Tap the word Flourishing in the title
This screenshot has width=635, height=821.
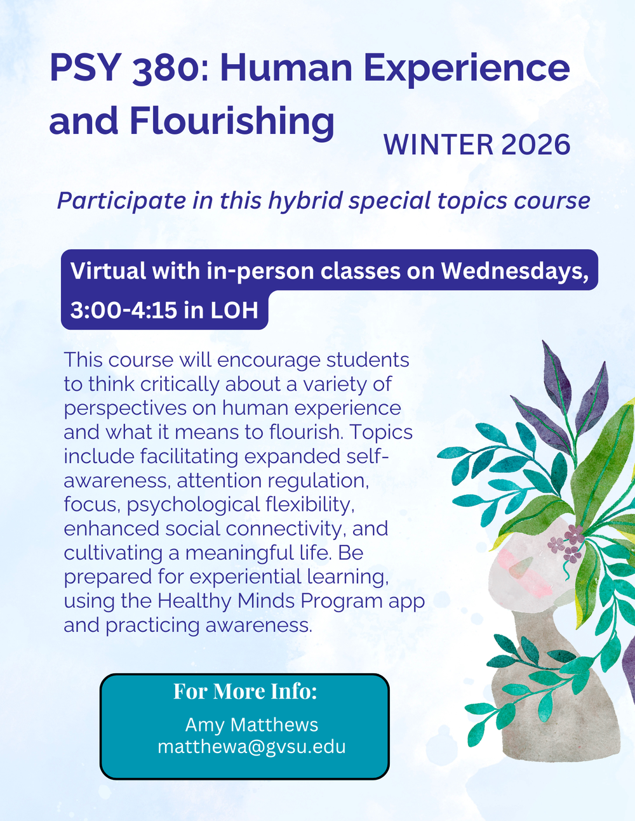[x=232, y=121]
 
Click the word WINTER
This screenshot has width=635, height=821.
[x=438, y=145]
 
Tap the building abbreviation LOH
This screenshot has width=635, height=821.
[x=234, y=310]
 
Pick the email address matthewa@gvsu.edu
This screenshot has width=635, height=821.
[x=251, y=746]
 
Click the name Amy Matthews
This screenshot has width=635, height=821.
[x=251, y=725]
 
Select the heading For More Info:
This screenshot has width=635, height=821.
[x=245, y=691]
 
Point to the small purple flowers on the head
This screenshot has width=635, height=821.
[x=567, y=544]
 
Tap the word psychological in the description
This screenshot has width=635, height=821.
[x=188, y=505]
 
